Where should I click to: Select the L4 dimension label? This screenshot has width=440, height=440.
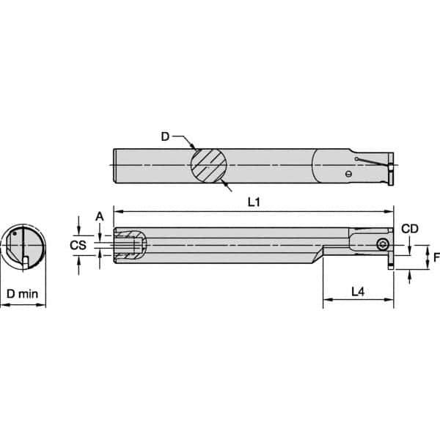pyautogui.click(x=357, y=291)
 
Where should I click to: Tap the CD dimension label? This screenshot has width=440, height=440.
pyautogui.click(x=411, y=229)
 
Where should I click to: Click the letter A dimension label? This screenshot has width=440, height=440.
pyautogui.click(x=99, y=215)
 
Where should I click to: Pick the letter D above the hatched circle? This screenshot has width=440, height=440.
pyautogui.click(x=165, y=135)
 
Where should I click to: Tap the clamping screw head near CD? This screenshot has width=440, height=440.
pyautogui.click(x=382, y=244)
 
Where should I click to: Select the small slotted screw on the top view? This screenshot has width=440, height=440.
pyautogui.click(x=348, y=174)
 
